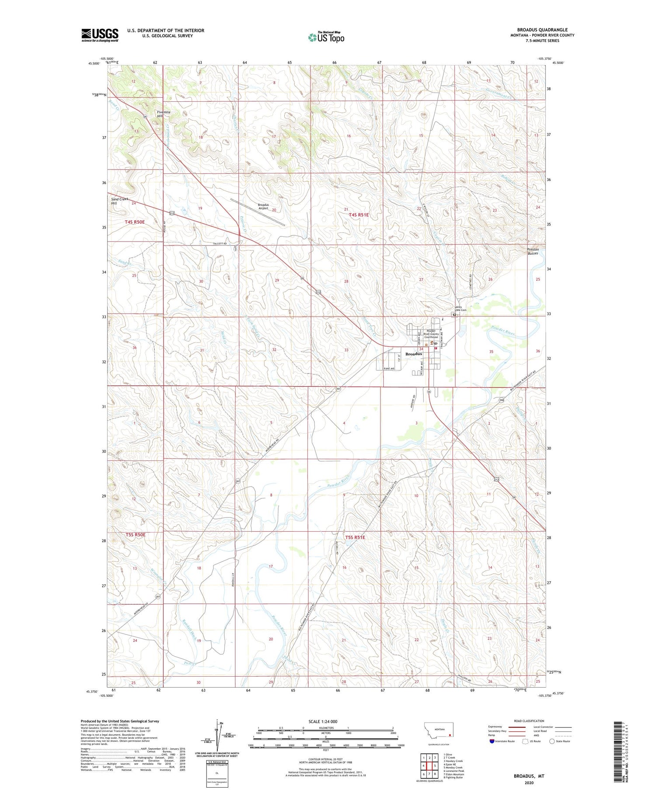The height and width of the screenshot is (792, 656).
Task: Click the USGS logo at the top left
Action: [x=100, y=35]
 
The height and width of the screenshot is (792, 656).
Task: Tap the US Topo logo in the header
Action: [x=326, y=37]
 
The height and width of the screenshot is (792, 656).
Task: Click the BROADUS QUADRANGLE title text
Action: [x=542, y=30]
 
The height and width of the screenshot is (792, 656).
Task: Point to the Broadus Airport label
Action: [x=263, y=207]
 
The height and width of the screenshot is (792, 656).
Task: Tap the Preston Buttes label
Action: [x=533, y=252]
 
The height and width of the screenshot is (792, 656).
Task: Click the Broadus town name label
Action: [x=413, y=354]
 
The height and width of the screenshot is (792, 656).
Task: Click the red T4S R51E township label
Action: [x=359, y=215]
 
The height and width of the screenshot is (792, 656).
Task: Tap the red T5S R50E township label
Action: [x=135, y=535]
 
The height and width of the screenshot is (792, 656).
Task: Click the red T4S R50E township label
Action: [x=134, y=222]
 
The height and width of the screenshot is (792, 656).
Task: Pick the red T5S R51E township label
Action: [x=355, y=538]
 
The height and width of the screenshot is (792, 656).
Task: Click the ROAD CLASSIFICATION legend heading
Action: [x=529, y=721]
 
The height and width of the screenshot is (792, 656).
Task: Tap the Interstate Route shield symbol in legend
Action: [x=492, y=741]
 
